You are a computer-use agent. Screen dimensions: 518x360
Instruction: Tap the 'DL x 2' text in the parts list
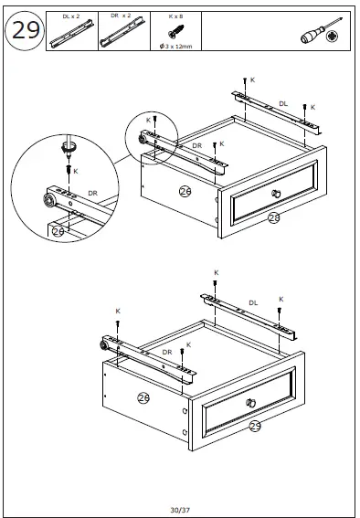pos(72,16)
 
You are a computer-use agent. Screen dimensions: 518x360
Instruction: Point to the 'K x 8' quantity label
pos(175,16)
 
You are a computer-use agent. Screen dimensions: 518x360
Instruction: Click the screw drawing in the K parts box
pos(174,32)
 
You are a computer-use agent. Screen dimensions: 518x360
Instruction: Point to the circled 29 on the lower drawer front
pos(255,425)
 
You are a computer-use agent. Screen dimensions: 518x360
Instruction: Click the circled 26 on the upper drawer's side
pos(185,190)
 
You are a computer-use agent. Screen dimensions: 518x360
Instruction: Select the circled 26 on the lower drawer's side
pos(143,396)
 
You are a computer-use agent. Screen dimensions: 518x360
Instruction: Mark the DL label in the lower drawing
pos(253,302)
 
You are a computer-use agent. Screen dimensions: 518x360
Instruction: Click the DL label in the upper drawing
pos(282,103)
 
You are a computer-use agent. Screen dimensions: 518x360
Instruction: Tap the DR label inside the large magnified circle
pos(92,193)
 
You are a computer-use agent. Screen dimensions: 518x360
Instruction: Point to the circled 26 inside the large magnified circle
pos(58,231)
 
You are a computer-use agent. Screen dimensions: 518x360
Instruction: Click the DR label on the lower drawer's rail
pos(167,352)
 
